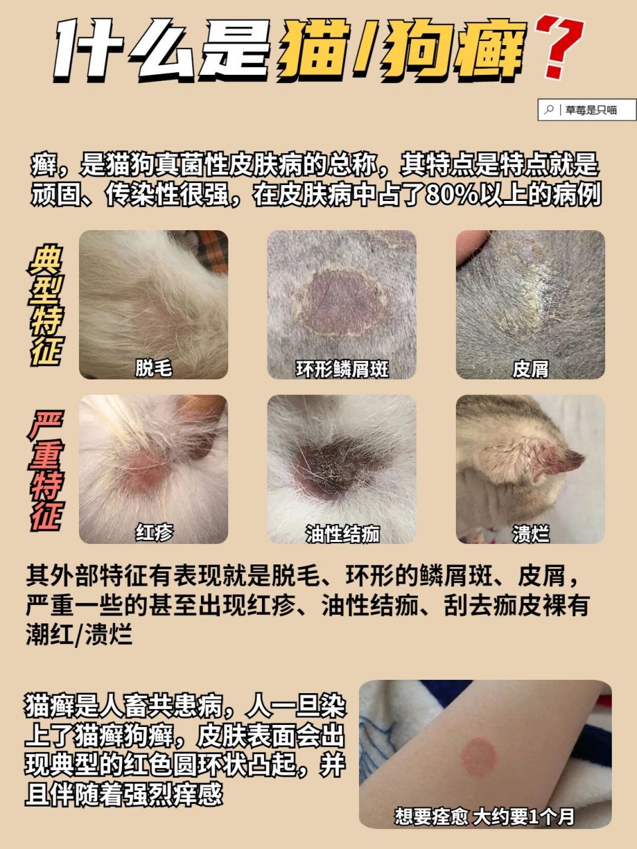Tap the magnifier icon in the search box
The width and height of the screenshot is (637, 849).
tap(549, 110)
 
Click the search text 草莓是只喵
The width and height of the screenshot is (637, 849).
tap(591, 110)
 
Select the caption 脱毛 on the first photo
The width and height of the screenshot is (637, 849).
tap(154, 368)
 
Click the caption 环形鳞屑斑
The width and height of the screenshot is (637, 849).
tap(342, 369)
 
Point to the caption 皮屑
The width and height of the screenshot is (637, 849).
tap(530, 369)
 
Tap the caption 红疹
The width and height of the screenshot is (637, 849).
tap(154, 532)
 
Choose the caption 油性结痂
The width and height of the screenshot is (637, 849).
tap(342, 533)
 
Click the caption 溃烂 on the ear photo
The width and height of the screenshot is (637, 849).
tap(530, 533)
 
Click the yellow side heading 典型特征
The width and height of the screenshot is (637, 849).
tap(46, 305)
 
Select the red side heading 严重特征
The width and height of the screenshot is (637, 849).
tap(46, 471)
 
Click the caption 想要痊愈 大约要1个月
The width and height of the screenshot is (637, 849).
tap(484, 816)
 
